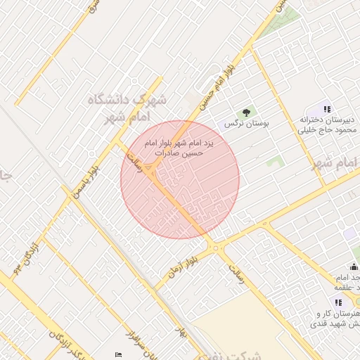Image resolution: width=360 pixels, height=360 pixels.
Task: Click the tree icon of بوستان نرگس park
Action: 246,112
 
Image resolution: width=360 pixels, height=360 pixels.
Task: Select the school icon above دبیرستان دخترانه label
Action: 326,109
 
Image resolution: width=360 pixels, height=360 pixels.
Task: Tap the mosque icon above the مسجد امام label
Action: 353,267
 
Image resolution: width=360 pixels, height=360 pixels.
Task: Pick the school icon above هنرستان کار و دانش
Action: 338,302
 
